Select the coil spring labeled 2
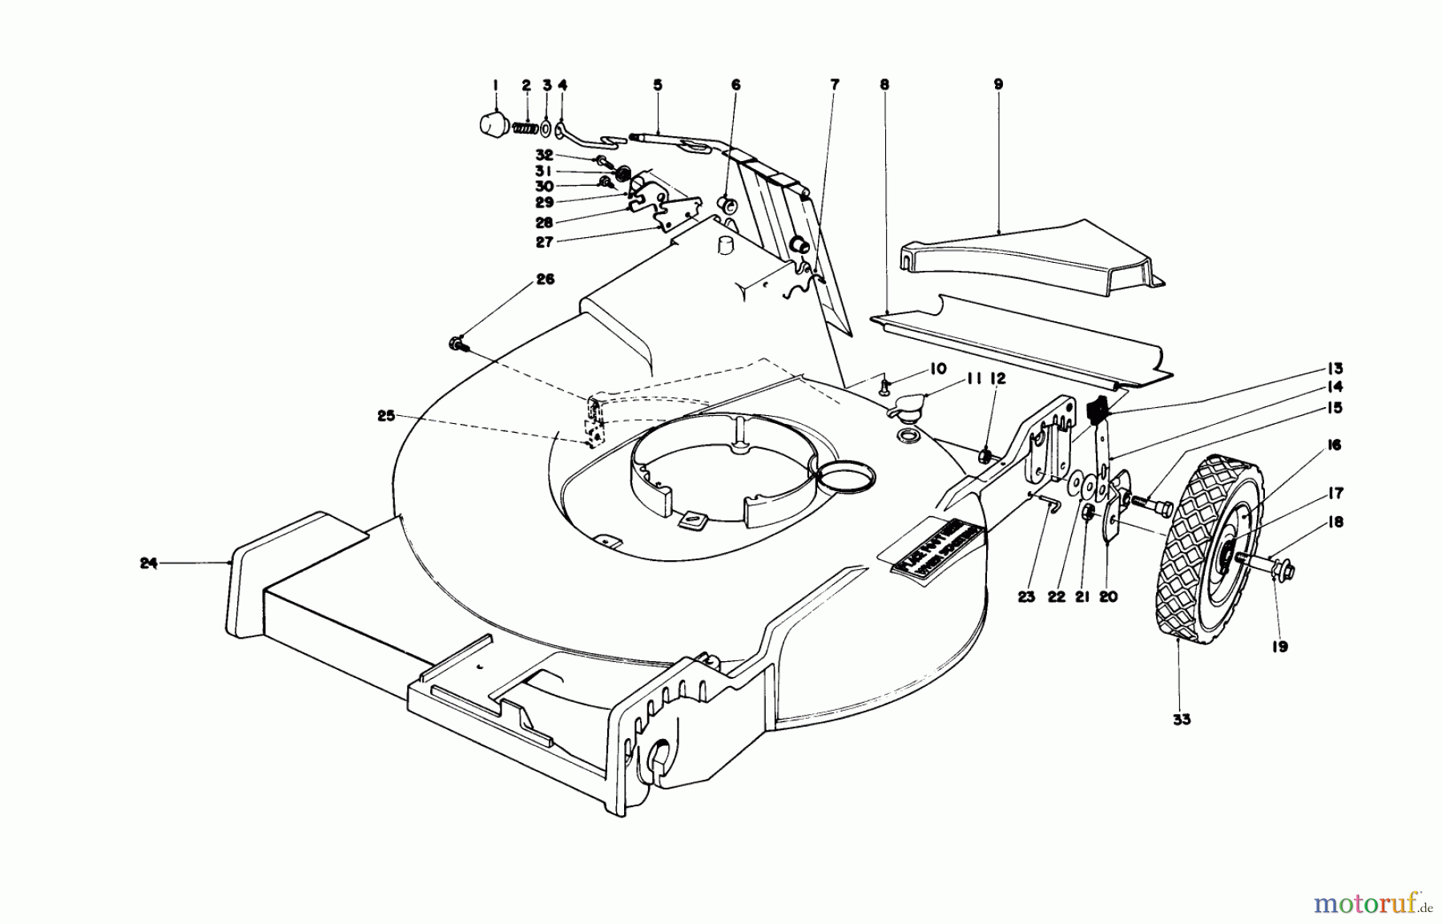pos(526,128)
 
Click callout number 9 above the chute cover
pos(998,84)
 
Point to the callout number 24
pos(147,563)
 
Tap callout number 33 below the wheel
pos(1182,720)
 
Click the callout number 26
pos(545,280)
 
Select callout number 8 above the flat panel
pos(884,84)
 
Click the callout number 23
pos(1027,596)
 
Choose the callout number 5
pos(658,84)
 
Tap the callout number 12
pos(996,378)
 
